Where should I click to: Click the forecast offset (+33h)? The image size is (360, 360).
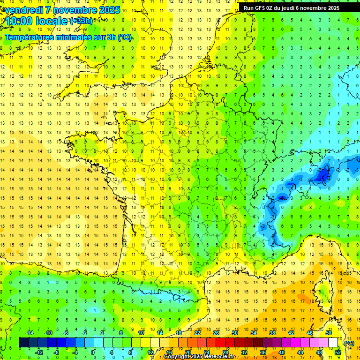pyautogui.click(x=81, y=21)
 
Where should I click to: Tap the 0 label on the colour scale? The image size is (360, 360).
pyautogui.click(x=93, y=352)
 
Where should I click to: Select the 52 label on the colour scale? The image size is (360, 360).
pyautogui.click(x=337, y=352)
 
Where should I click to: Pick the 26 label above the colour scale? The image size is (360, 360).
pyautogui.click(x=216, y=333)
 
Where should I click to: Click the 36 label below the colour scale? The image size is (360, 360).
pyautogui.click(x=262, y=352)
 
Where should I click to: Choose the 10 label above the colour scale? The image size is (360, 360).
pyautogui.click(x=141, y=333)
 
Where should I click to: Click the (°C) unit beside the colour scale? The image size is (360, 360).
pyautogui.click(x=349, y=343)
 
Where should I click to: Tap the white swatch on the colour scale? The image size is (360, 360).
pyautogui.click(x=333, y=343)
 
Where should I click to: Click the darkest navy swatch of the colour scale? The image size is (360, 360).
pyautogui.click(x=23, y=343)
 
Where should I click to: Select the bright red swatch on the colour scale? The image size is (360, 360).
pyautogui.click(x=220, y=343)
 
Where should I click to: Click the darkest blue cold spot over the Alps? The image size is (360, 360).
pyautogui.click(x=323, y=175)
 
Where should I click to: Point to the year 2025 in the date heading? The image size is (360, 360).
pyautogui.click(x=107, y=10)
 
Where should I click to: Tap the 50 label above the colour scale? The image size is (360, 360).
pyautogui.click(x=328, y=333)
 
